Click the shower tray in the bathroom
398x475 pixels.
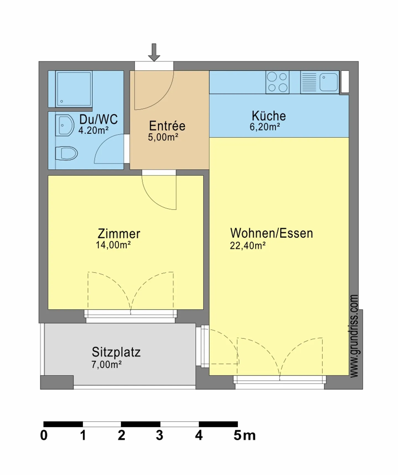point(74,89)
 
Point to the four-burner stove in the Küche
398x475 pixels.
point(277,82)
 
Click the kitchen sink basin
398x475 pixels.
point(328,82)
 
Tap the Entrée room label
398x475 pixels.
point(167,126)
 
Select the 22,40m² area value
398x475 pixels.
point(248,246)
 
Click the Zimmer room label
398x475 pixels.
point(119,234)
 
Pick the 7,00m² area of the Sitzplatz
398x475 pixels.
point(106,365)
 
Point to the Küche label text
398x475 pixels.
point(269,116)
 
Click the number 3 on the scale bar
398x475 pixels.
point(159,436)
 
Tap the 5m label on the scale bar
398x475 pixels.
point(244,436)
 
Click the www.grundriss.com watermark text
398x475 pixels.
point(354,336)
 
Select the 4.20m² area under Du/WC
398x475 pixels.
point(93,130)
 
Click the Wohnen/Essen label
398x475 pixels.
point(271,233)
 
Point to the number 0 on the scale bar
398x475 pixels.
point(44,436)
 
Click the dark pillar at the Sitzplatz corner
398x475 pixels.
point(57,382)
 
